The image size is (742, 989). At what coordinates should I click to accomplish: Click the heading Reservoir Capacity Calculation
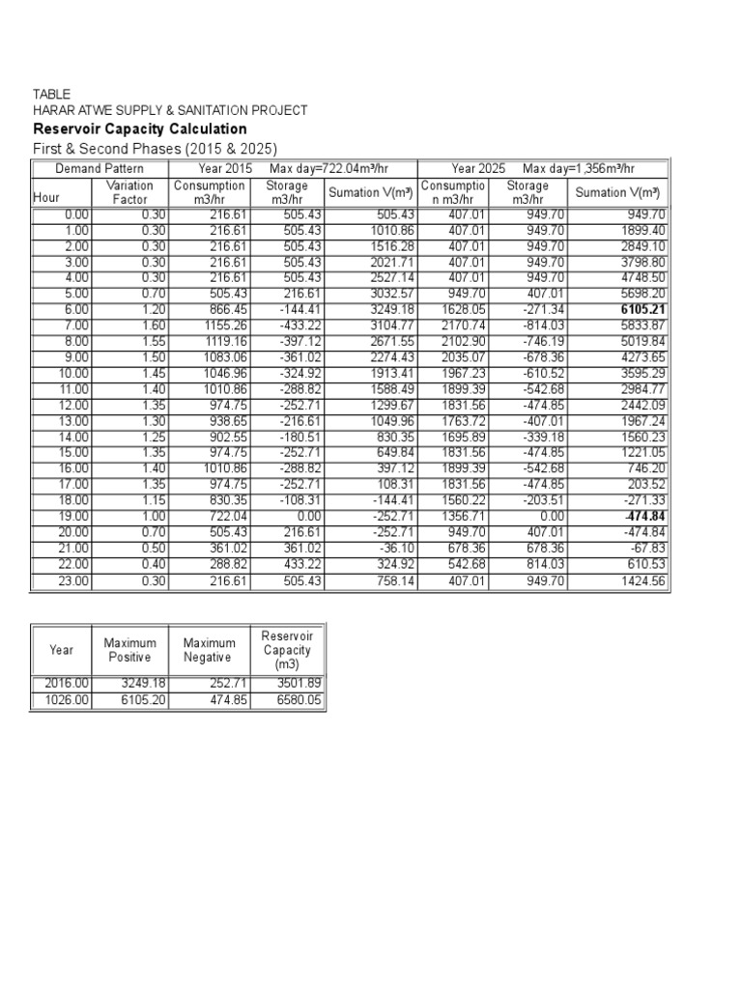pyautogui.click(x=140, y=129)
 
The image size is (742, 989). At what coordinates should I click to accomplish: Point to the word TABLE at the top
pyautogui.click(x=51, y=95)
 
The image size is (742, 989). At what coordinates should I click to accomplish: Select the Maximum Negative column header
pyautogui.click(x=210, y=650)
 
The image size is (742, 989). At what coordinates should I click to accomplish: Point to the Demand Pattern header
pyautogui.click(x=100, y=168)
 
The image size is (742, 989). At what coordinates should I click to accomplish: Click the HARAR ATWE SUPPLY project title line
pyautogui.click(x=170, y=111)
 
